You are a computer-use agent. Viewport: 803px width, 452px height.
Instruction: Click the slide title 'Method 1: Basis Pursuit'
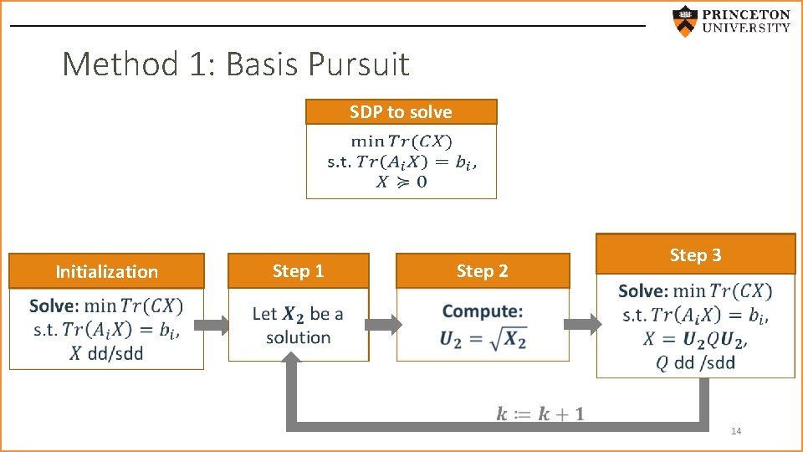(236, 64)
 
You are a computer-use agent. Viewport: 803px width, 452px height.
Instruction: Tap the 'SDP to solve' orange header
(401, 112)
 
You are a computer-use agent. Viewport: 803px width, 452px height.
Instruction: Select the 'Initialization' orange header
(106, 271)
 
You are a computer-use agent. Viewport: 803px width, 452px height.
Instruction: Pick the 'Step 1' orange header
(298, 270)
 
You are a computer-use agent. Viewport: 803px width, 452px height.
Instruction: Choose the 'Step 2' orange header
(482, 270)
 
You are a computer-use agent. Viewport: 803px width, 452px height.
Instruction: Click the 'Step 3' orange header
(695, 254)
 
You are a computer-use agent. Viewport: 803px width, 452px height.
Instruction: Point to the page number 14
(736, 431)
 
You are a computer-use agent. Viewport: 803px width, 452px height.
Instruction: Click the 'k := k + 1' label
(540, 413)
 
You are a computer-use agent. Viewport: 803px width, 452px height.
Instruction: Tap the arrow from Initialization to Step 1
(216, 325)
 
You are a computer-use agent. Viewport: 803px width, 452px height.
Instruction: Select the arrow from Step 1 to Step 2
(382, 325)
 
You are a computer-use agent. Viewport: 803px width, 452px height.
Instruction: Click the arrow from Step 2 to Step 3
(583, 325)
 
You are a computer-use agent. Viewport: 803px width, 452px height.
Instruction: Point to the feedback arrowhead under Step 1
(292, 364)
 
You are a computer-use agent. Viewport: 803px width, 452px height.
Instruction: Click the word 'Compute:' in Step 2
(483, 311)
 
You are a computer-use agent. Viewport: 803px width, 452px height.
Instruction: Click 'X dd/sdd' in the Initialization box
(106, 353)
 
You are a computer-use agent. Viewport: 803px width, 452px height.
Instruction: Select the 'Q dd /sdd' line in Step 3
(695, 362)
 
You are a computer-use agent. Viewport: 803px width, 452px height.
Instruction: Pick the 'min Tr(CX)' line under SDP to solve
(401, 141)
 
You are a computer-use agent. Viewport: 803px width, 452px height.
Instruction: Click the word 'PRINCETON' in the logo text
(746, 14)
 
